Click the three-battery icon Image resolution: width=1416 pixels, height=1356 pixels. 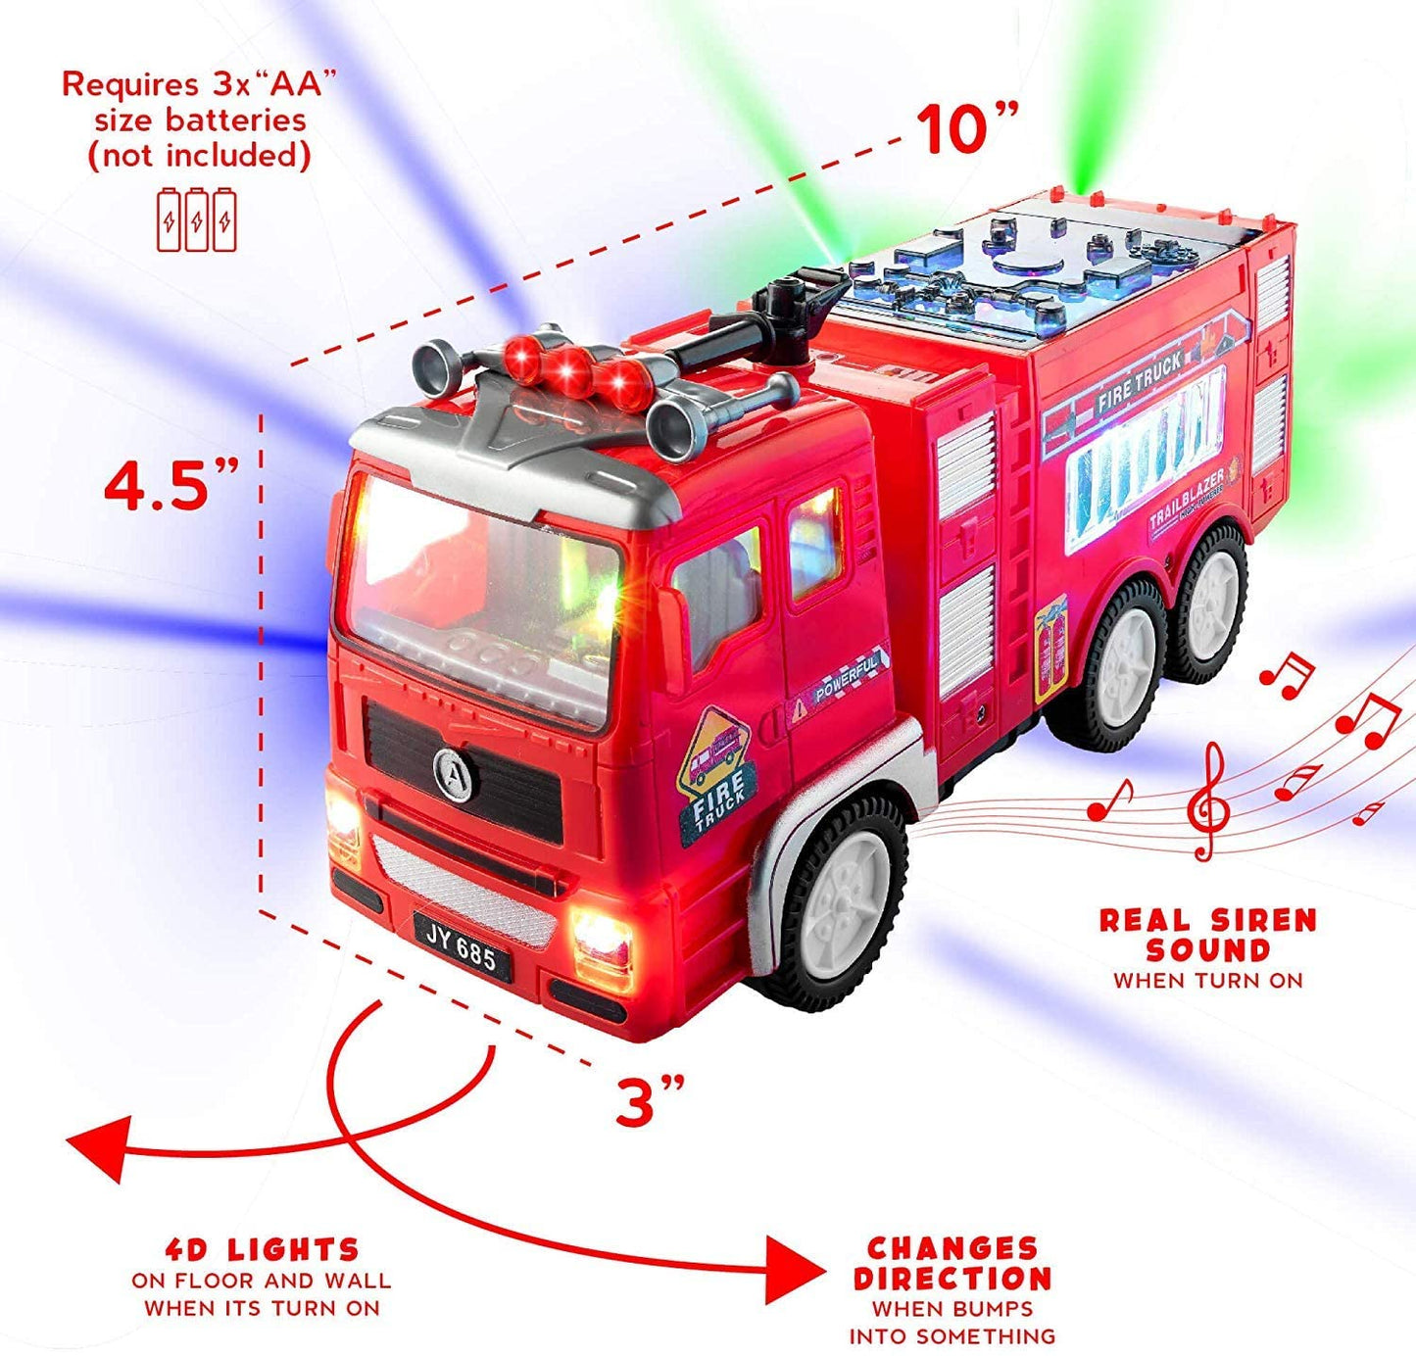[197, 220]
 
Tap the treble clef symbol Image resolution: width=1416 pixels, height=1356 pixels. [1208, 801]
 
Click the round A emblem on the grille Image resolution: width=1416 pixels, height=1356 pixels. [456, 776]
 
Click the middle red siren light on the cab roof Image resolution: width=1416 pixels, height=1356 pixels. [570, 370]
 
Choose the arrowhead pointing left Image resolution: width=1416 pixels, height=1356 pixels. [99, 1148]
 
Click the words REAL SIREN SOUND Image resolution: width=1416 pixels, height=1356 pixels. [1208, 936]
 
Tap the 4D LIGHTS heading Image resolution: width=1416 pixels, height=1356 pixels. [262, 1249]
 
